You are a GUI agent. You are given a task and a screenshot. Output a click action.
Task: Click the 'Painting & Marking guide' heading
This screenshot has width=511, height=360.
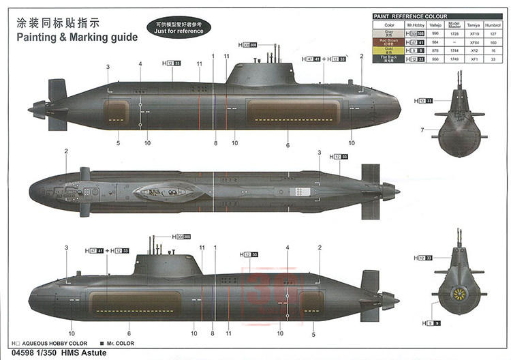[x=72, y=36]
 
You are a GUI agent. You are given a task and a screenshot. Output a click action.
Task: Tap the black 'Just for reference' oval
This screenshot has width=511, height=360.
[x=179, y=27]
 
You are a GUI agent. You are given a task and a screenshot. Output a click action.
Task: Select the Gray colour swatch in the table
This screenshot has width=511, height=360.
[x=388, y=33]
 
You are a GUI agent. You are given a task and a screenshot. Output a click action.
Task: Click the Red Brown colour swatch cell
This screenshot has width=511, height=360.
[x=388, y=42]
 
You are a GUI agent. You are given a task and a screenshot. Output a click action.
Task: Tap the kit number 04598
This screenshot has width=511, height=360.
[x=16, y=353]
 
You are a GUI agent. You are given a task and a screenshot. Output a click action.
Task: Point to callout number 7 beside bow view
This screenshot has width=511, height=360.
[x=422, y=130]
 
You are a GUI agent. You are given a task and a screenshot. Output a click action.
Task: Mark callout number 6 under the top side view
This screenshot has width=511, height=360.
[x=288, y=145]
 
